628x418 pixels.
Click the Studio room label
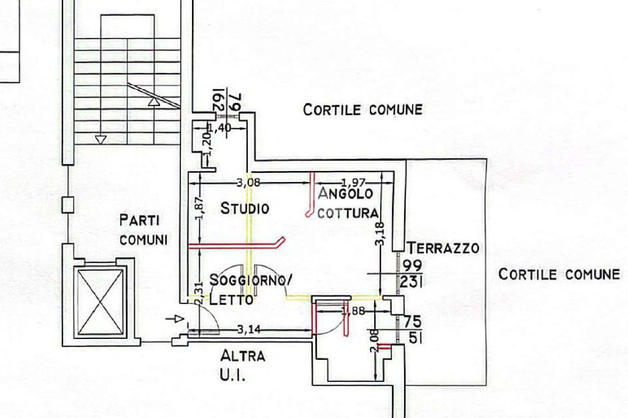coord(245,208)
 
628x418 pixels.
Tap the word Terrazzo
coord(443,248)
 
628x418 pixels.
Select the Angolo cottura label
coord(348,203)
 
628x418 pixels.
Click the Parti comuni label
coord(144,230)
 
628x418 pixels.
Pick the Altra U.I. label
coord(242,365)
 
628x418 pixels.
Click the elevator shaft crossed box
coord(101,302)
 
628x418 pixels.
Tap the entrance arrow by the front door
coord(175,319)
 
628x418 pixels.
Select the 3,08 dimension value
coord(248,183)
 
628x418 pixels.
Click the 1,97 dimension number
coord(354,183)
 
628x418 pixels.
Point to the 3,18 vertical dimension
coord(380,234)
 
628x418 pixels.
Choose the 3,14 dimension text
coord(249,330)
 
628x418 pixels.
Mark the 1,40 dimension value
coord(220,128)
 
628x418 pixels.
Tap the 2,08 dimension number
coord(374,341)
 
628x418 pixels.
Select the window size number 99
coord(413,266)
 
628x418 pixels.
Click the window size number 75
coord(413,322)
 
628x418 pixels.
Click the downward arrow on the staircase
coord(101,140)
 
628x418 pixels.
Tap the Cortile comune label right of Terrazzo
coord(559,274)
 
